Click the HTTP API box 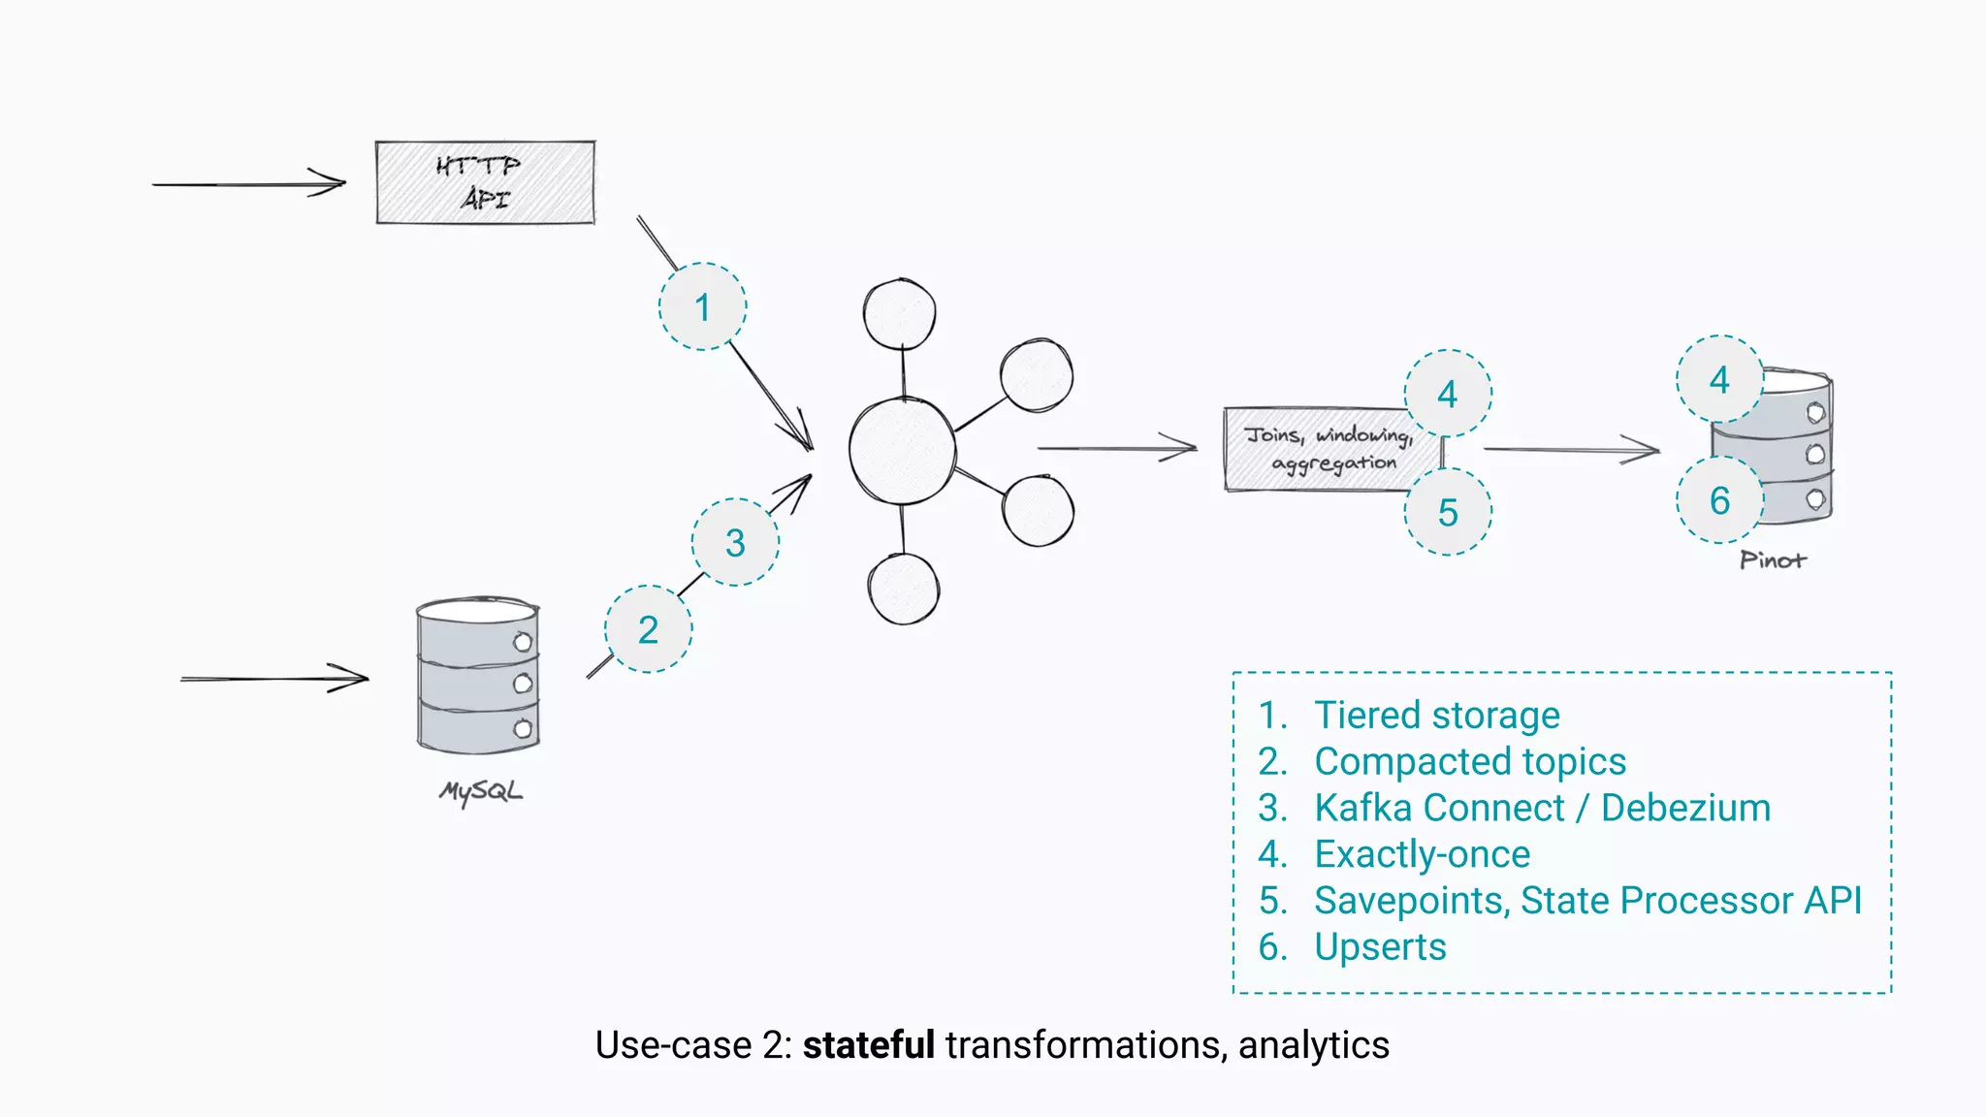[485, 182]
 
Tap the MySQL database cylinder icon [478, 676]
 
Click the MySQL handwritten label [481, 791]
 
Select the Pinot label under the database [1773, 560]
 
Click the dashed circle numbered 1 [703, 306]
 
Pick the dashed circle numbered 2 [649, 629]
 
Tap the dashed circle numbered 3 [735, 542]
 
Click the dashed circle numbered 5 [1448, 512]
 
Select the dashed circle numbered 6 [1719, 500]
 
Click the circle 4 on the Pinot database [1719, 379]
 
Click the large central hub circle [902, 450]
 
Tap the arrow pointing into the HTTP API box [249, 183]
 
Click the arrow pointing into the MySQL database [274, 679]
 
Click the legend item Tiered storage [1436, 716]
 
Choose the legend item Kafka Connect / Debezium [1542, 808]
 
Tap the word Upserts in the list [1380, 946]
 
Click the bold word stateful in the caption [868, 1045]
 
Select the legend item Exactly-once [1422, 854]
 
